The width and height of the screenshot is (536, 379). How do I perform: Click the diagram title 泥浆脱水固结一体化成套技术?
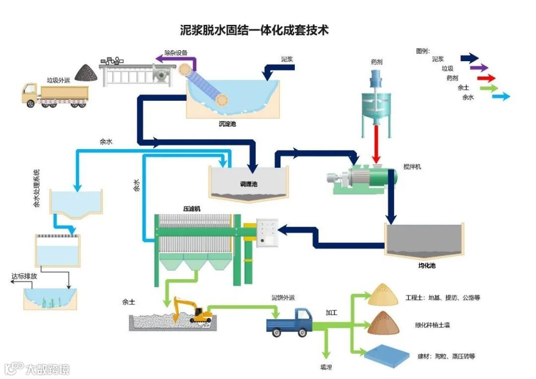[x=254, y=30]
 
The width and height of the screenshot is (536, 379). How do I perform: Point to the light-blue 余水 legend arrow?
[x=500, y=97]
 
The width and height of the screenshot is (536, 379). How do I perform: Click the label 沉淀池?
[x=227, y=124]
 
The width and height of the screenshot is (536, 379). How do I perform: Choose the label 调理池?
[x=249, y=184]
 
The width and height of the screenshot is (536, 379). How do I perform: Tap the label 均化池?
[x=426, y=266]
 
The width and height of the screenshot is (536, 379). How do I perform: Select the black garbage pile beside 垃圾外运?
[x=86, y=73]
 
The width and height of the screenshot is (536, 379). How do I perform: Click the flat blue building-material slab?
[x=387, y=355]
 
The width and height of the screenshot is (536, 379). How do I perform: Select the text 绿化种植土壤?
[x=432, y=326]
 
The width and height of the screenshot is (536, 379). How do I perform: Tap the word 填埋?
[x=326, y=367]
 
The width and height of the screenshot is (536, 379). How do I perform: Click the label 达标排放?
[x=24, y=276]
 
